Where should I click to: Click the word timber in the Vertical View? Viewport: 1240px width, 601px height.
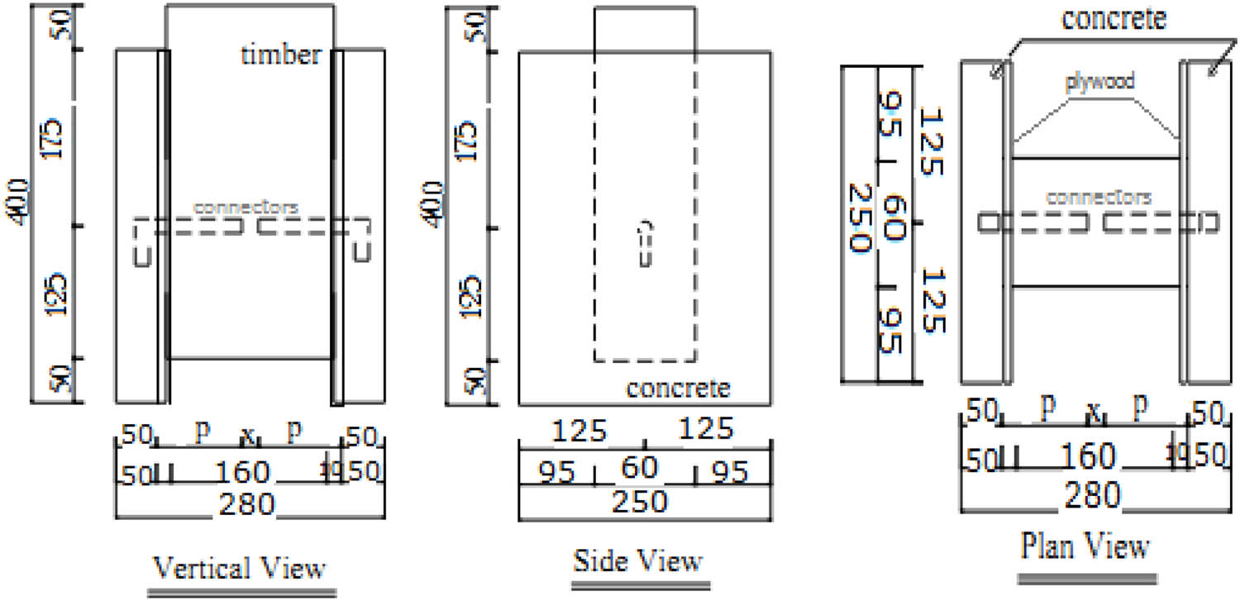(280, 55)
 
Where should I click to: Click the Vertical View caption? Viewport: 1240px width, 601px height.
(241, 569)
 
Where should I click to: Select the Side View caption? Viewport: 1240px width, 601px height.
(638, 561)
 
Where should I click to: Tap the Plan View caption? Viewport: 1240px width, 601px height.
(1085, 546)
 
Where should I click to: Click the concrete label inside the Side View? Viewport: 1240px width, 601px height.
(678, 387)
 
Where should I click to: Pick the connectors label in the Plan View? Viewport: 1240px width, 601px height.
(1099, 198)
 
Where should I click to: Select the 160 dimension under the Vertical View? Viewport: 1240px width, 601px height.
(242, 472)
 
